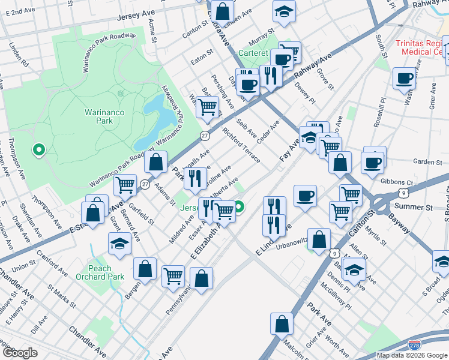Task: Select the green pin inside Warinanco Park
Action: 40,149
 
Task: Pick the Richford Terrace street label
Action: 241,145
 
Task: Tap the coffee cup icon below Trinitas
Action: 405,78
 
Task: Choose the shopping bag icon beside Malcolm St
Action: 282,324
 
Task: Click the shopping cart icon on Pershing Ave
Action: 208,107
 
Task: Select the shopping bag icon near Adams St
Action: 155,162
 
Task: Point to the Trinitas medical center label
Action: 421,48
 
